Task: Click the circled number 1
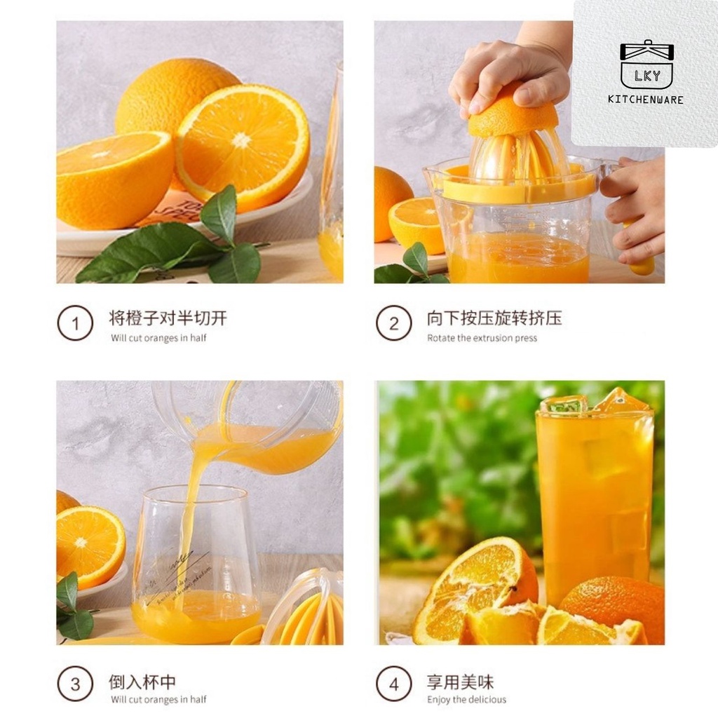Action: click(75, 323)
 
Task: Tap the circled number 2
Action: click(394, 323)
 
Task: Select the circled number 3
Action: click(75, 684)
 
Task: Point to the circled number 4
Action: click(394, 684)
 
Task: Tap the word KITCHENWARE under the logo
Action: click(646, 100)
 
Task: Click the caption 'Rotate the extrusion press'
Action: click(482, 339)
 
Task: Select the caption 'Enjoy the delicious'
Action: click(466, 700)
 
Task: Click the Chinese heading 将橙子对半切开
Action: click(168, 318)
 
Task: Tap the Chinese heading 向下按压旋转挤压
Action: click(494, 318)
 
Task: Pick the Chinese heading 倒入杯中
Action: click(142, 682)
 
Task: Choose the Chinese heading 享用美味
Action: click(461, 682)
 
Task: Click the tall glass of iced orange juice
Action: click(595, 499)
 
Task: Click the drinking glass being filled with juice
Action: click(197, 566)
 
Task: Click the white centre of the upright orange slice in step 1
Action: click(242, 140)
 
